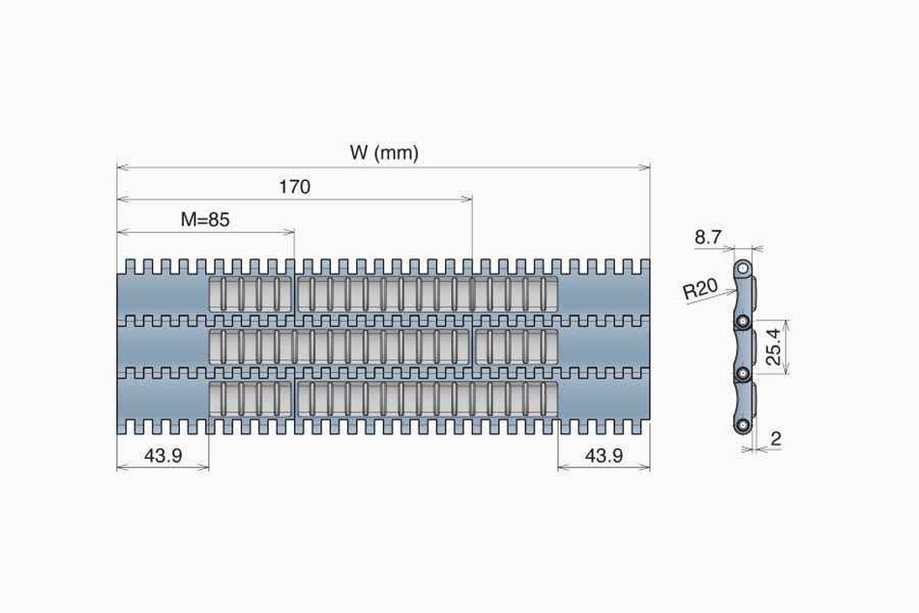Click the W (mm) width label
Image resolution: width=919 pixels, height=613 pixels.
pyautogui.click(x=384, y=152)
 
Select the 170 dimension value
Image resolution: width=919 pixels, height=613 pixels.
pyautogui.click(x=295, y=187)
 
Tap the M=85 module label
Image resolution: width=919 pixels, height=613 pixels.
pyautogui.click(x=205, y=220)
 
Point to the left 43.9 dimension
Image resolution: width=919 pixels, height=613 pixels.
pyautogui.click(x=163, y=456)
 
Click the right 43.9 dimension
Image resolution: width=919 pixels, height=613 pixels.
pyautogui.click(x=604, y=456)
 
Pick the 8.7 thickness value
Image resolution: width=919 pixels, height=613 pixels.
pyautogui.click(x=708, y=237)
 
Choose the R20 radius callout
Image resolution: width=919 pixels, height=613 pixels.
pyautogui.click(x=700, y=289)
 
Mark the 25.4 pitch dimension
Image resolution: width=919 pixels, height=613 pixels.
pyautogui.click(x=773, y=347)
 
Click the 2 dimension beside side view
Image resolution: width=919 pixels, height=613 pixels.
pyautogui.click(x=776, y=439)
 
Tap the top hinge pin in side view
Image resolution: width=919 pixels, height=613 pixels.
pyautogui.click(x=742, y=269)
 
